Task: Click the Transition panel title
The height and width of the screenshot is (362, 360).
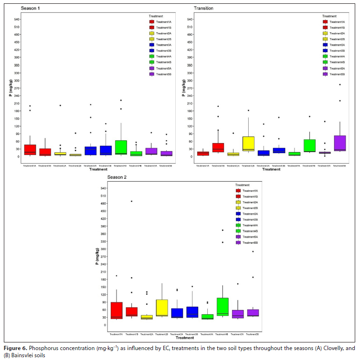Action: [203, 8]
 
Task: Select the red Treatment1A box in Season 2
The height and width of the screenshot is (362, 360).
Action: [116, 310]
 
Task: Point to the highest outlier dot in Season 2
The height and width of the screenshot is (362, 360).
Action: [131, 201]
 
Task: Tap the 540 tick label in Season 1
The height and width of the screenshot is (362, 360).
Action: [17, 20]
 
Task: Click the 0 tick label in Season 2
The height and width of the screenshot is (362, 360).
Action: [104, 325]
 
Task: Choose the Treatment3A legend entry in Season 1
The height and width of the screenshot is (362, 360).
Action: [164, 45]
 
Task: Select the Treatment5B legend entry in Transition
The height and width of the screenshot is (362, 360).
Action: [337, 74]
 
